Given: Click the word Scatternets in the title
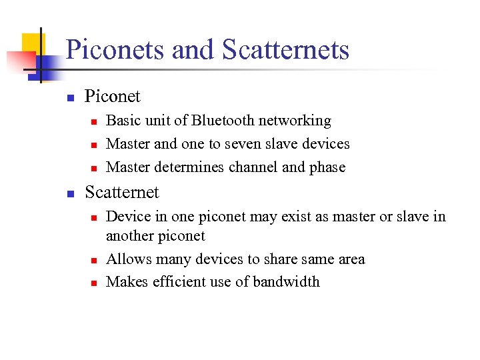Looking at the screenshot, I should (x=285, y=50).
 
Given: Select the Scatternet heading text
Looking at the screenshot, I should (x=122, y=193).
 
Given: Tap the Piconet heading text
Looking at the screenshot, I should (x=113, y=97).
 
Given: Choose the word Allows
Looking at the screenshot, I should (x=126, y=259).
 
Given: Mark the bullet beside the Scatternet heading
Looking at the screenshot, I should (x=70, y=193).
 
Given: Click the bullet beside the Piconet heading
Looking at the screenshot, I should (x=70, y=97).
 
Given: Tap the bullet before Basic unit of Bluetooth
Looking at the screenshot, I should (x=94, y=121).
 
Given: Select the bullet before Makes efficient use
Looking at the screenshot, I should (x=94, y=283).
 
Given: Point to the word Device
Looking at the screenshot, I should (x=127, y=217).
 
